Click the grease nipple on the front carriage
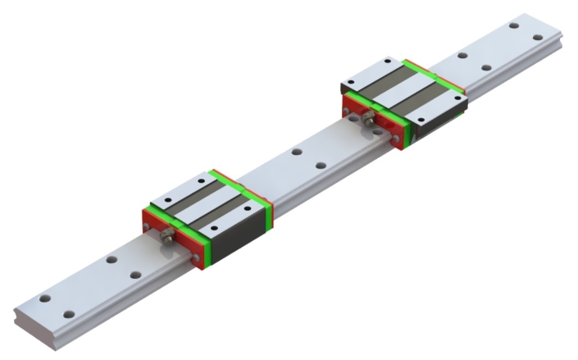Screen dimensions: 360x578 point(168,237)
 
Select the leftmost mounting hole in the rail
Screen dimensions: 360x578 point(45,298)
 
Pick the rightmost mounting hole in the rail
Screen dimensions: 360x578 point(536,38)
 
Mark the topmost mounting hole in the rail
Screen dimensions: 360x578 point(513,25)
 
